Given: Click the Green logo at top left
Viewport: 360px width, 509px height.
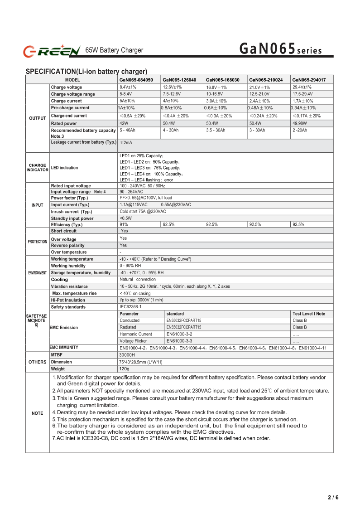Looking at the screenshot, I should click(x=52, y=51).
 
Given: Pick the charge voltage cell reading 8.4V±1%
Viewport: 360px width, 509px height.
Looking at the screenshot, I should click(x=128, y=87).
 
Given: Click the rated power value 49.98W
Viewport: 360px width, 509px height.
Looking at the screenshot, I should click(x=300, y=123).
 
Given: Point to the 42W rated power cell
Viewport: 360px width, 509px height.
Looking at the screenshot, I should click(x=124, y=123).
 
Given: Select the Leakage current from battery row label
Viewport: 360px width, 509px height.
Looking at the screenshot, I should click(x=84, y=142).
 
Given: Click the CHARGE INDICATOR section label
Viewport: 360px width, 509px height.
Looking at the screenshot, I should click(x=37, y=168).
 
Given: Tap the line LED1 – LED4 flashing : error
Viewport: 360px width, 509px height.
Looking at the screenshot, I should click(x=146, y=180).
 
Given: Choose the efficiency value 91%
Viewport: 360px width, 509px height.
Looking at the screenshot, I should click(x=124, y=224).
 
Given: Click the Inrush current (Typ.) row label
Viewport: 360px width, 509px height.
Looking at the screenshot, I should click(x=72, y=212).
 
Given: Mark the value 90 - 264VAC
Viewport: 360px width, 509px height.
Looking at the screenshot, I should click(x=131, y=192).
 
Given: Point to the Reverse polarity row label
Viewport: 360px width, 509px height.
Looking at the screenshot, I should click(x=68, y=246).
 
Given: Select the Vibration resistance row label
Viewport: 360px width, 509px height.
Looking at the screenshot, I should click(x=69, y=286).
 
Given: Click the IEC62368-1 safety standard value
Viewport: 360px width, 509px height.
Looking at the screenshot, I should click(x=130, y=307).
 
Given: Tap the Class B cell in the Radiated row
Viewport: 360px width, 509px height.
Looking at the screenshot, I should click(x=299, y=327).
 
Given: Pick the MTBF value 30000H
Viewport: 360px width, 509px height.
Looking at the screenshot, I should click(x=128, y=355).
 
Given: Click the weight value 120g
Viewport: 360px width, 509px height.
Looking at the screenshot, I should click(x=125, y=369).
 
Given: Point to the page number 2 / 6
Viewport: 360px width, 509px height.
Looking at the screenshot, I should click(x=333, y=497).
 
